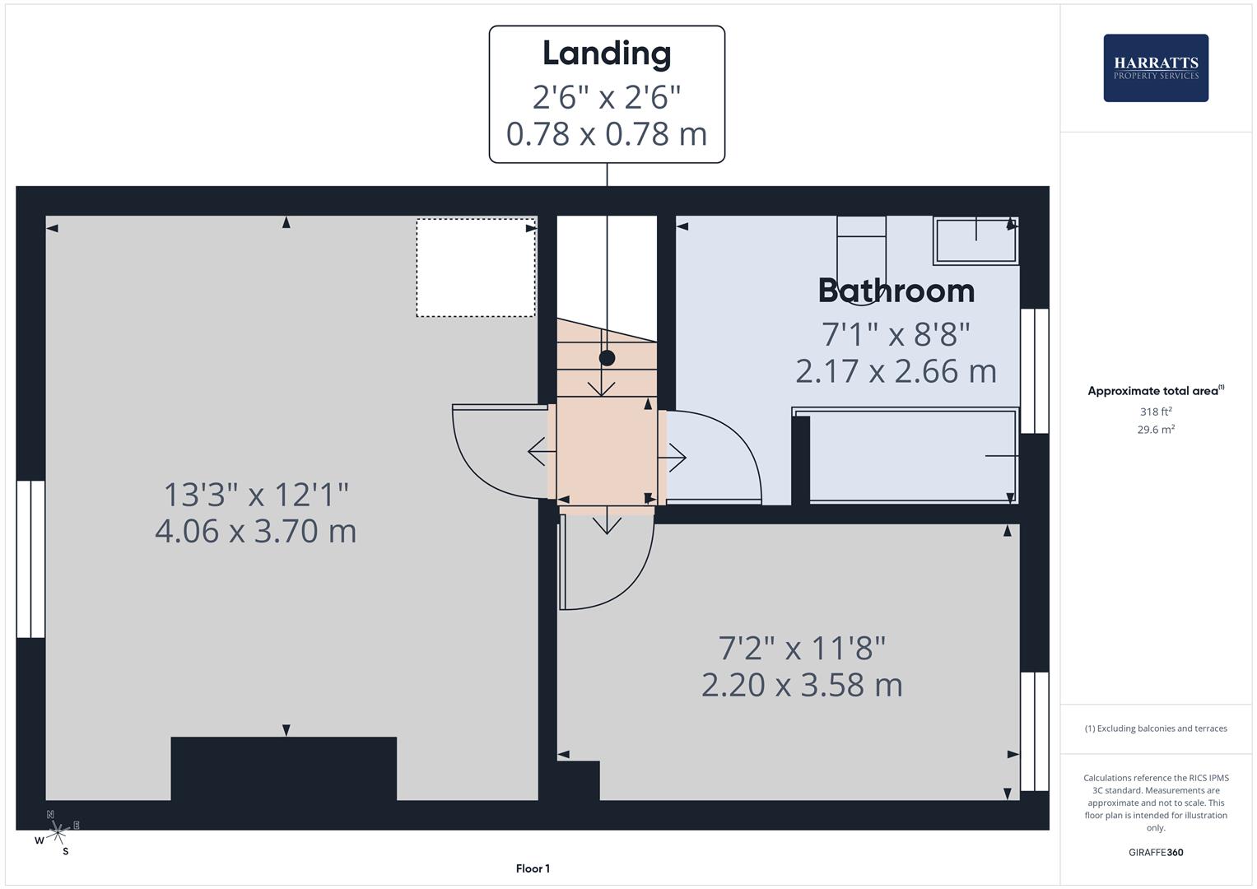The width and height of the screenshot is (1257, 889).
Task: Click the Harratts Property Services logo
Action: click(1156, 67)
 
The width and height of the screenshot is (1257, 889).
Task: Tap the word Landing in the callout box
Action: click(607, 54)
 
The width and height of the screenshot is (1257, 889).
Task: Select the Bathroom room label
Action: click(896, 291)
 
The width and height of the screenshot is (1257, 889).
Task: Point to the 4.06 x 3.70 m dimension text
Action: click(256, 531)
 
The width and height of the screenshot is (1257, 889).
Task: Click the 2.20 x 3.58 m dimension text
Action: click(802, 685)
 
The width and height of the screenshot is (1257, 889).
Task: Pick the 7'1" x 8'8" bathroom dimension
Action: click(896, 334)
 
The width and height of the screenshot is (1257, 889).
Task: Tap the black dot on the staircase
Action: click(607, 358)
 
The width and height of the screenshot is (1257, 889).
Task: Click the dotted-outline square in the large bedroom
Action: click(476, 268)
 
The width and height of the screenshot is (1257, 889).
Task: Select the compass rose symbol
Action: click(57, 833)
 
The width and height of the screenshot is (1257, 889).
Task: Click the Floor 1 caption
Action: click(533, 868)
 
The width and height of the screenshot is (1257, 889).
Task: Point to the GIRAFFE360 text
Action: click(1156, 852)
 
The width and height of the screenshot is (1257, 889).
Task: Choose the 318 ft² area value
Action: click(1156, 412)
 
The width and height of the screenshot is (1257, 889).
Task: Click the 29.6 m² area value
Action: click(1156, 430)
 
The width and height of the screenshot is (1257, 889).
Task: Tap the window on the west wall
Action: click(30, 559)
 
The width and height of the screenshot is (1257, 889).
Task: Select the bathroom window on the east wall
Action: click(1034, 371)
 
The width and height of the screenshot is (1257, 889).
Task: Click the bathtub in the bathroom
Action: click(906, 456)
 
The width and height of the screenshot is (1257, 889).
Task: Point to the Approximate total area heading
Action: click(1156, 391)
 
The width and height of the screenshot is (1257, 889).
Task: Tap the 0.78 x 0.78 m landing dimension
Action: click(607, 135)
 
